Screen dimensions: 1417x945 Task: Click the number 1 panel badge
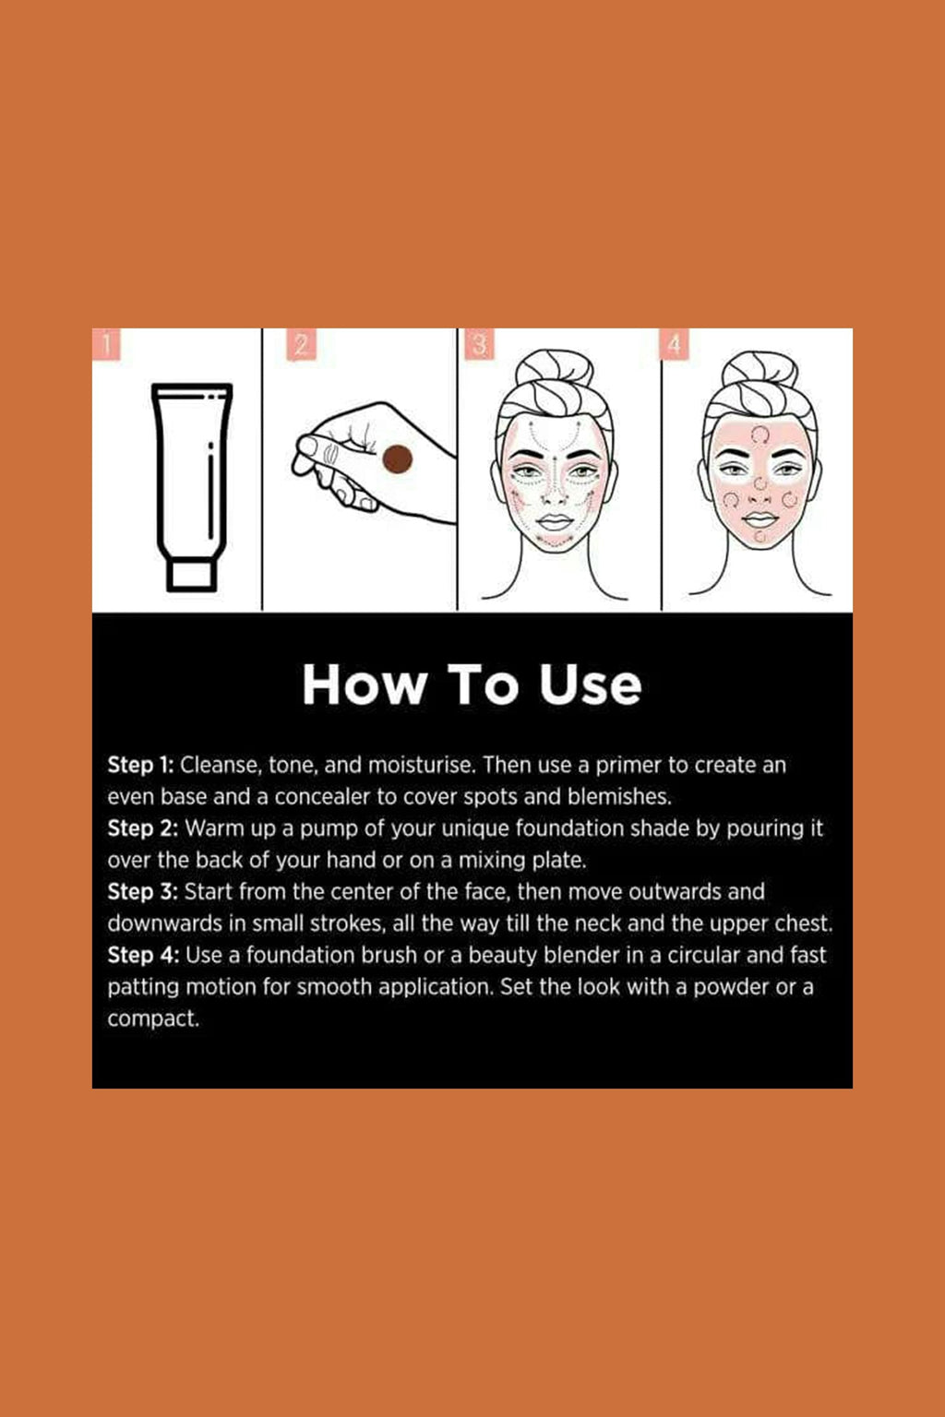(107, 345)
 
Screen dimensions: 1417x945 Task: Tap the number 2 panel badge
(300, 345)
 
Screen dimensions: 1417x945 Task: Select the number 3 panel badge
(479, 345)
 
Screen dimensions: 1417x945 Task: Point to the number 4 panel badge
(675, 345)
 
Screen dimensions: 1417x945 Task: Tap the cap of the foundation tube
(192, 576)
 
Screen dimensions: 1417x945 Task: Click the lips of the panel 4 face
(760, 519)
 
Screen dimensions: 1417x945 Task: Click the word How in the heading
(365, 685)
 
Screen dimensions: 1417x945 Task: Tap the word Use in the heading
(590, 685)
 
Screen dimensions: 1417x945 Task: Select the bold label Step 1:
(140, 765)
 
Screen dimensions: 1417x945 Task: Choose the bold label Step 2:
(142, 828)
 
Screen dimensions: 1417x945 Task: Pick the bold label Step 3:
(142, 892)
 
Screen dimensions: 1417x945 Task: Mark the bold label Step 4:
(143, 956)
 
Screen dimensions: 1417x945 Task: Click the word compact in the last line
(152, 1019)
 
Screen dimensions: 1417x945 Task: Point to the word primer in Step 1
(628, 766)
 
